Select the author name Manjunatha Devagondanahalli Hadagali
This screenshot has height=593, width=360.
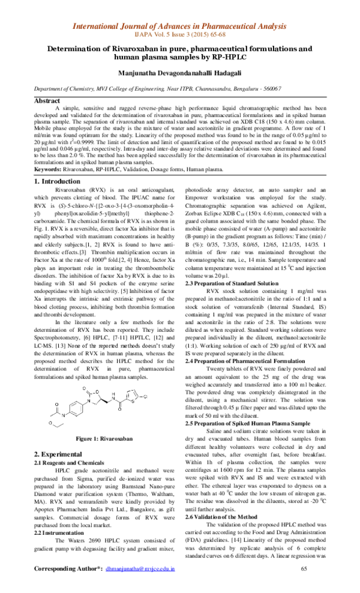(179, 73)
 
